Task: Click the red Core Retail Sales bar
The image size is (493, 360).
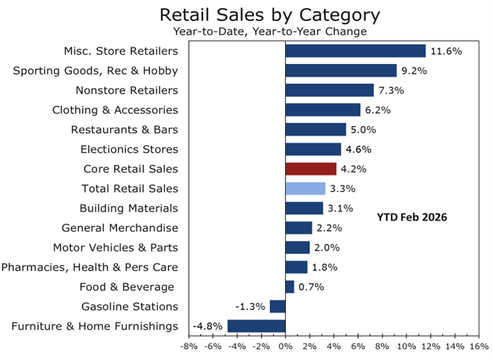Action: (x=311, y=169)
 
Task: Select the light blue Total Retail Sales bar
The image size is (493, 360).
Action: (x=306, y=189)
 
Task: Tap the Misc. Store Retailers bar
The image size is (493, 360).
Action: (x=355, y=51)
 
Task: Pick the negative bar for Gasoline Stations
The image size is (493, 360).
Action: (x=278, y=307)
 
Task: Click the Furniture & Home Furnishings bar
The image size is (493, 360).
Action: (x=256, y=326)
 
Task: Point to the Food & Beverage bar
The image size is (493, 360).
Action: (x=290, y=287)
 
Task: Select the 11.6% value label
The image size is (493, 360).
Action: (x=446, y=51)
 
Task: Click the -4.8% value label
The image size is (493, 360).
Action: (x=208, y=326)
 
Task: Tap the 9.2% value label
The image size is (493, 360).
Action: (x=416, y=71)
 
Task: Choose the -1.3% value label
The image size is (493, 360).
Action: (x=250, y=307)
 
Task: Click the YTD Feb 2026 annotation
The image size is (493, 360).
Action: (x=412, y=218)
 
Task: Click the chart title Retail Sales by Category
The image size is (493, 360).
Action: (x=269, y=15)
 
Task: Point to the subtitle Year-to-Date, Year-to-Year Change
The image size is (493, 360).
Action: (x=269, y=31)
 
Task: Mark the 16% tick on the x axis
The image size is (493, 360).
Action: (x=478, y=347)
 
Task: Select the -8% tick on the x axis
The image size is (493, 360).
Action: (x=188, y=347)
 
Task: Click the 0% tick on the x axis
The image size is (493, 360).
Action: (x=285, y=347)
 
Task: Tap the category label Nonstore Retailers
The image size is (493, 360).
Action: (x=127, y=90)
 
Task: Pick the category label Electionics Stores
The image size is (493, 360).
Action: (x=129, y=149)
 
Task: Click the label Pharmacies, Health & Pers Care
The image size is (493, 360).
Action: (x=90, y=267)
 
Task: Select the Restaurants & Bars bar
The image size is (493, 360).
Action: (x=316, y=129)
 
